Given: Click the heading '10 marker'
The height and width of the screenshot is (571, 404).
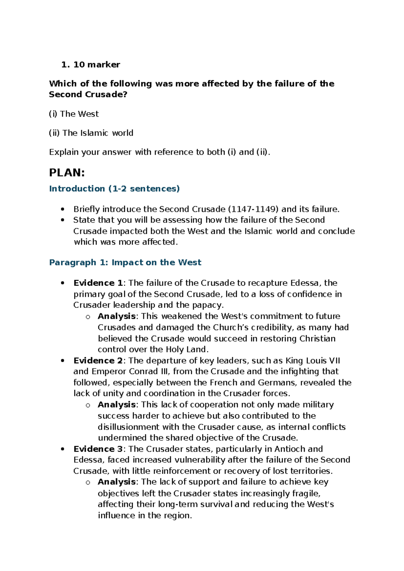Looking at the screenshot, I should tap(97, 65).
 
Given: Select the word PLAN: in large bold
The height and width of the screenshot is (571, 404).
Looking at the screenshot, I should tap(67, 173).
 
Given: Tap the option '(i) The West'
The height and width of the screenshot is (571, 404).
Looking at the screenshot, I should tap(74, 114).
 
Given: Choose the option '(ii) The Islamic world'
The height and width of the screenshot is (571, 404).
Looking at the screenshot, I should tap(91, 133).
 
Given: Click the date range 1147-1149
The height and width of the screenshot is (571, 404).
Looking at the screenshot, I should tap(253, 209).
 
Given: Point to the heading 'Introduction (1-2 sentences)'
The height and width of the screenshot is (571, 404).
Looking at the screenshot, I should tap(114, 189).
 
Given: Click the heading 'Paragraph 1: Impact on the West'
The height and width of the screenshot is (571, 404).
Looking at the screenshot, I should tap(125, 262).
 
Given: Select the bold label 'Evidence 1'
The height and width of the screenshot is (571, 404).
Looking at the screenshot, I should tap(98, 283).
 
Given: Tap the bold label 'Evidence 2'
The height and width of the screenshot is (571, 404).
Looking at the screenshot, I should tap(98, 361).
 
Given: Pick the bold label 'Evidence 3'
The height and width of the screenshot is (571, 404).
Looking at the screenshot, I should tap(98, 449).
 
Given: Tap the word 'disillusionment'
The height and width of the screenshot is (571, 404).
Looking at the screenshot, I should tap(128, 427).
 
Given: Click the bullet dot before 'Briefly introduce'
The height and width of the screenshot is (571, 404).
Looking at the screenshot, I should tap(63, 209).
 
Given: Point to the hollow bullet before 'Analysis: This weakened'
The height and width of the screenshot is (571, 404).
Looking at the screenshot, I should tap(88, 317).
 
